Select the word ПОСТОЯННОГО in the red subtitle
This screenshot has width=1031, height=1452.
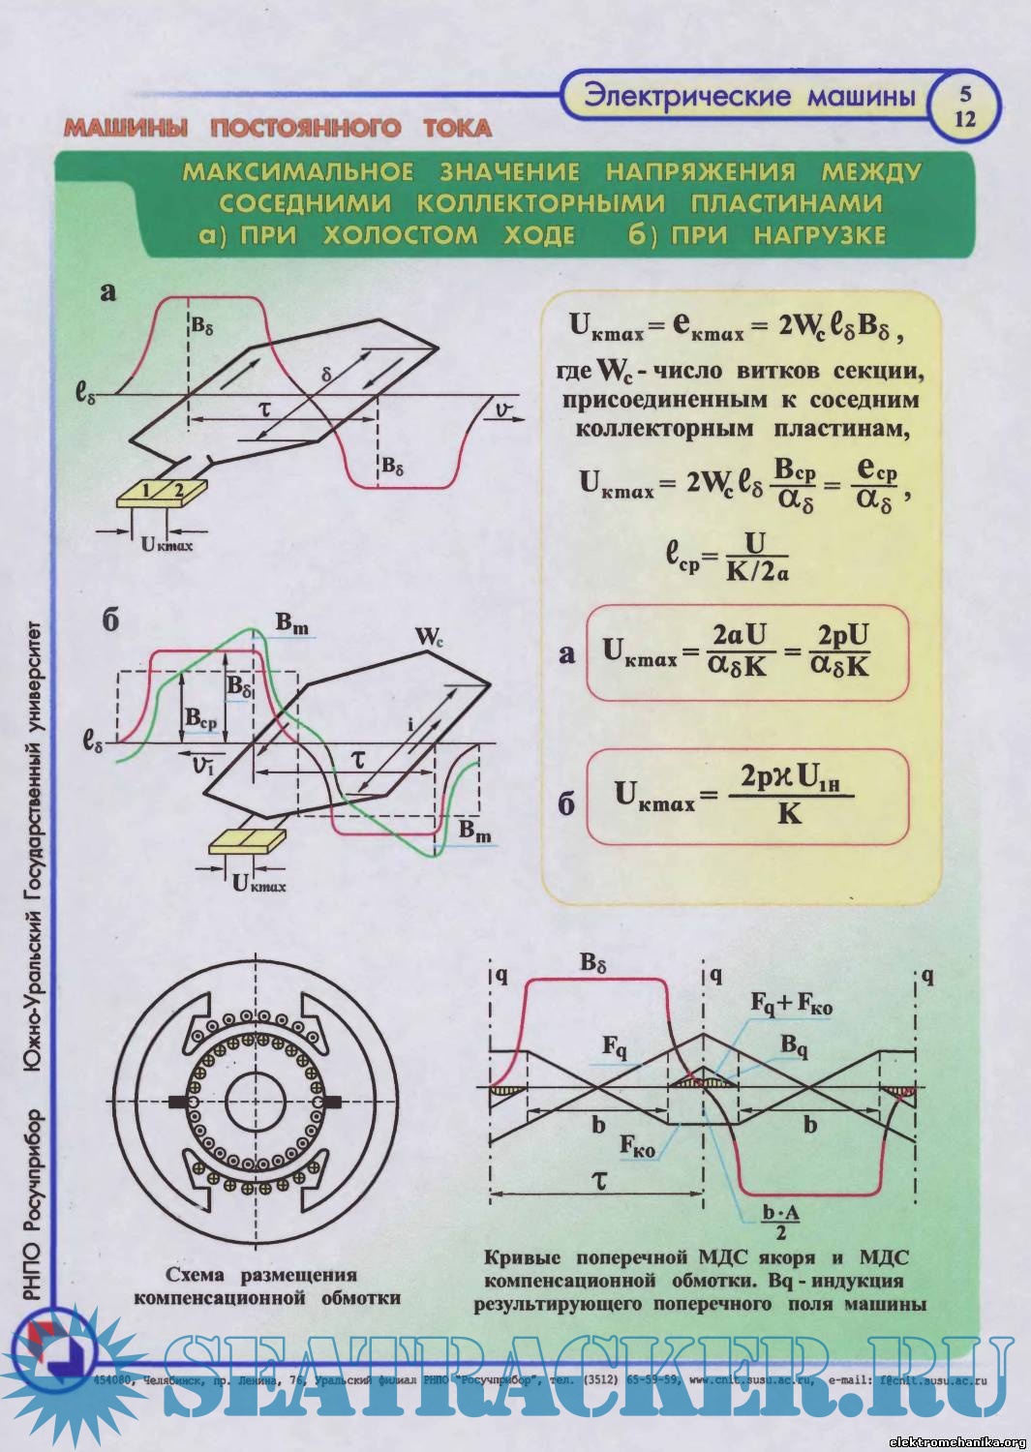pos(306,129)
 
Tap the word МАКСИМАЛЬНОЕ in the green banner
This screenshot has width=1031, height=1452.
pos(298,172)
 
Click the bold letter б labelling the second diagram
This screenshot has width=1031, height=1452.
pos(110,620)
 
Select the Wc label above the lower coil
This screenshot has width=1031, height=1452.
pos(428,637)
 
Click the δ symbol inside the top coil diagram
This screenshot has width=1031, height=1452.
pos(326,374)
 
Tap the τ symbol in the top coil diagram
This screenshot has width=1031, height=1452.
pos(263,408)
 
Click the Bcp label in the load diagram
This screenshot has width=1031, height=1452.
pos(201,720)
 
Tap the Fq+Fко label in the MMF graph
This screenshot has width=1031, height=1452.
pos(791,1005)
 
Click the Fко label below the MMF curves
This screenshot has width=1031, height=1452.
pos(638,1147)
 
